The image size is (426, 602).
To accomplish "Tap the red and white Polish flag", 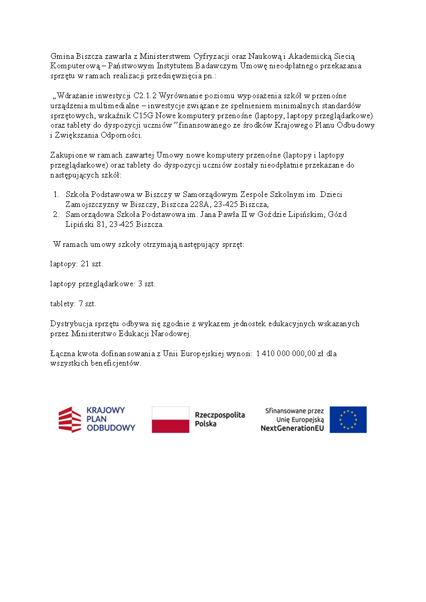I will click(x=170, y=419).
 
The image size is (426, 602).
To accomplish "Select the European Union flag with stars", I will click(x=348, y=419).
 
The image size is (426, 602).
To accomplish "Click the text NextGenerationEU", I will click(x=293, y=428).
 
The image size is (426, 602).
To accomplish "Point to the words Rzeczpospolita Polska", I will click(x=220, y=419).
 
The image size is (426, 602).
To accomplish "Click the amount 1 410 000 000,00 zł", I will click(x=289, y=354).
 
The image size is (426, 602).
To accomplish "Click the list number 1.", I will click(x=56, y=194).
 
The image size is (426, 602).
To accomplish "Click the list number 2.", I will click(x=56, y=214).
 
